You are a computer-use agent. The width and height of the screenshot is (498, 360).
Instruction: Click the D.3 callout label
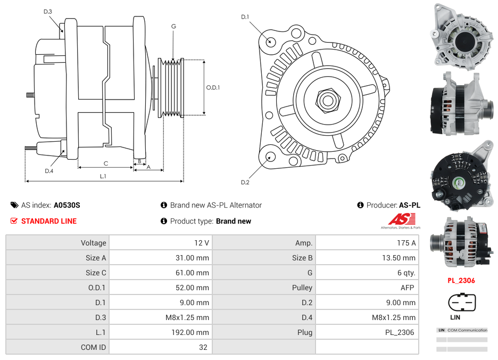(x=48, y=11)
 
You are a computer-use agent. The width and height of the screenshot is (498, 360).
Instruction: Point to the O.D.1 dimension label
(x=213, y=87)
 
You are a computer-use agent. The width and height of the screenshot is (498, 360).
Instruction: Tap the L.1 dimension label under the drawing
(x=103, y=176)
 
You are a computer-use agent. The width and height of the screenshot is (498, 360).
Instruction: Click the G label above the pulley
(x=173, y=26)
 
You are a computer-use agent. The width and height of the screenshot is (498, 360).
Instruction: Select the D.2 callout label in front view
(x=245, y=182)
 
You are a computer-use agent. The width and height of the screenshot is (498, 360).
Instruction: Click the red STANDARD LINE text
(x=49, y=221)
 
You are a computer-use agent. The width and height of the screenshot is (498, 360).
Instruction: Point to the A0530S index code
(x=67, y=205)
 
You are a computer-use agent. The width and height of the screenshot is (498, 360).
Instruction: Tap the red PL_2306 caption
(x=461, y=281)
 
